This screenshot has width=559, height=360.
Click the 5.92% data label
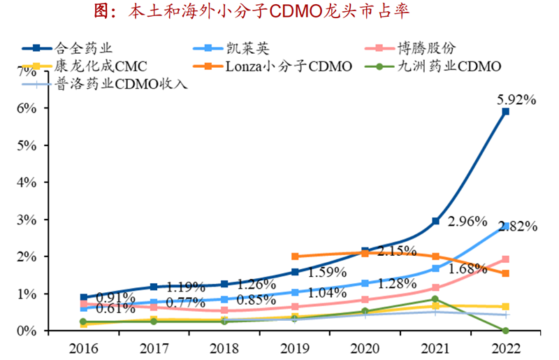click(x=516, y=99)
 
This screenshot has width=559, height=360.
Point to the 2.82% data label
click(x=518, y=226)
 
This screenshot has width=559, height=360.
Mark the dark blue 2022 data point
click(x=505, y=111)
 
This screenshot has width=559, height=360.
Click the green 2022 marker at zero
click(x=505, y=331)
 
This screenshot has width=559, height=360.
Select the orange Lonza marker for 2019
click(x=294, y=257)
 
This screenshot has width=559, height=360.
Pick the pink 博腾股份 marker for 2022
click(x=505, y=259)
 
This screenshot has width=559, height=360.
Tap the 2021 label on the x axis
click(x=435, y=347)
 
